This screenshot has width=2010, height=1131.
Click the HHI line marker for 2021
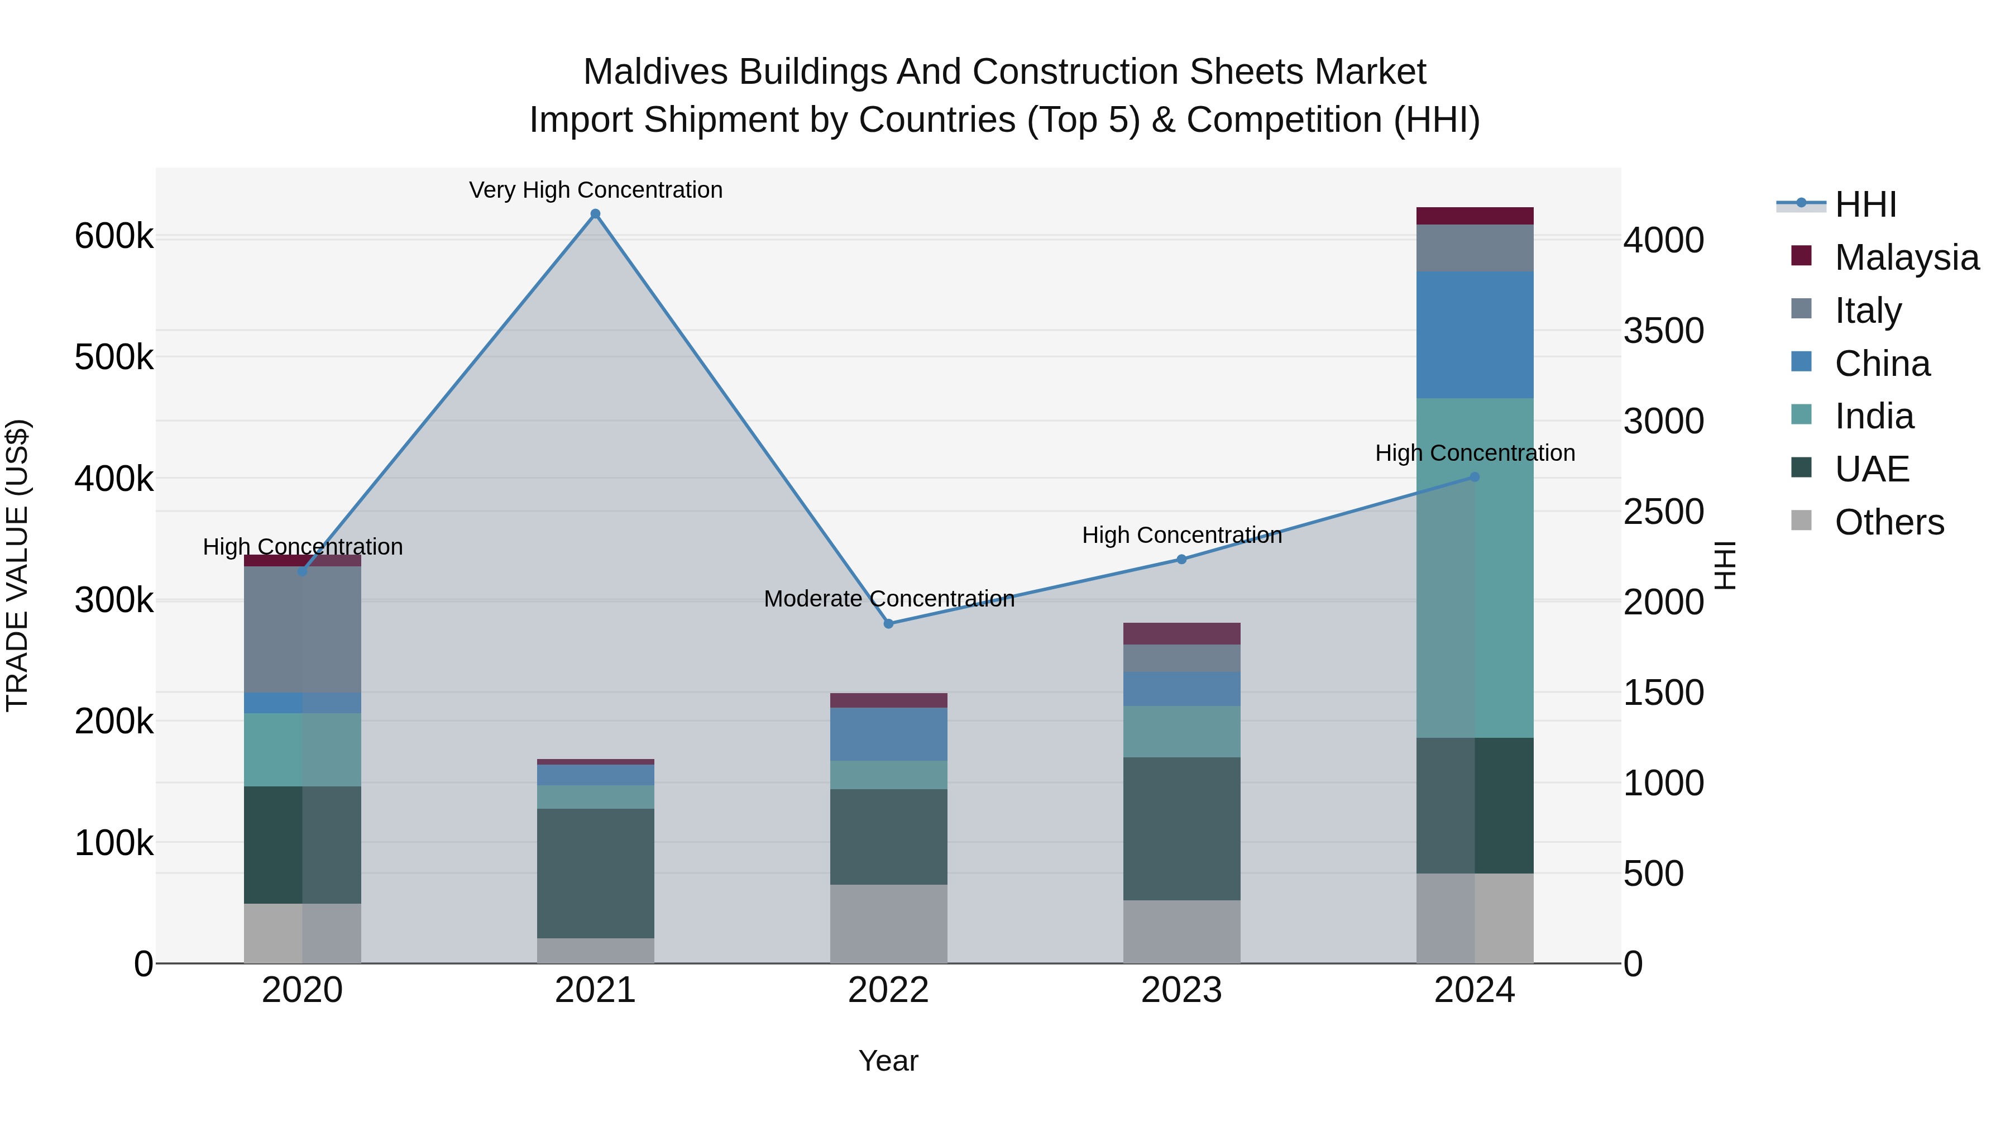595,214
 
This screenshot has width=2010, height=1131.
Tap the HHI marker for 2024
1474,477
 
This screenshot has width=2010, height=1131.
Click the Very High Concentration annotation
595,190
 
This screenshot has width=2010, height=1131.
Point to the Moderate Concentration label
889,599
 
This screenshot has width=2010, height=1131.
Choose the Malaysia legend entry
1906,257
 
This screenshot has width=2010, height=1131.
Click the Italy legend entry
1868,311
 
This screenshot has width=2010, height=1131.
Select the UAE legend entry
1872,469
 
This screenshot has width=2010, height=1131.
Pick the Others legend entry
1889,522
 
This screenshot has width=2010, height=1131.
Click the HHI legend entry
1865,204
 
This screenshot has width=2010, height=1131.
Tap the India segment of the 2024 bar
1475,567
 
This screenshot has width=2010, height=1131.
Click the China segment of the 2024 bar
1475,335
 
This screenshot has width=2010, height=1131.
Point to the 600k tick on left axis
114,236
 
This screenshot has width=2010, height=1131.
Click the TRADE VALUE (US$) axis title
17,565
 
